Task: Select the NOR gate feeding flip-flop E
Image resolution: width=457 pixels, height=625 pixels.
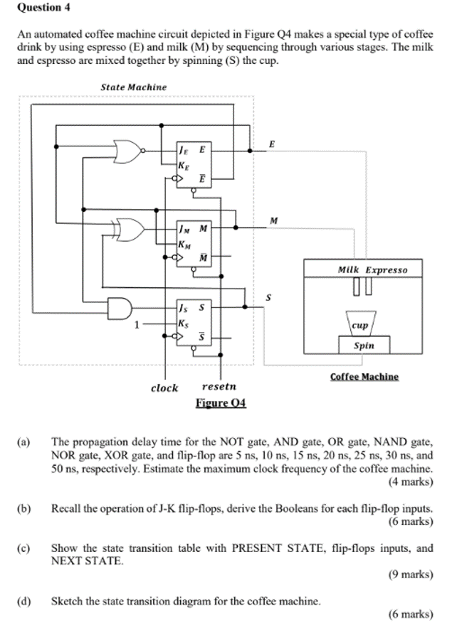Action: (x=130, y=151)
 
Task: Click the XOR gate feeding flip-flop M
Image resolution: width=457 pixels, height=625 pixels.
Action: (x=132, y=230)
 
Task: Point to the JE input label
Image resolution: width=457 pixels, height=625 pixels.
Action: (x=184, y=149)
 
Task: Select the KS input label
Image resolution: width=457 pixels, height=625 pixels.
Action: (x=184, y=321)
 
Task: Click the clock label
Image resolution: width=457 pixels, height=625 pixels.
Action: (x=164, y=388)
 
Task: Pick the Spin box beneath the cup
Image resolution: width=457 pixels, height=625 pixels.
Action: (x=363, y=346)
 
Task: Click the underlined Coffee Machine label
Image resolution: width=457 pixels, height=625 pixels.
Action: (x=364, y=377)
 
